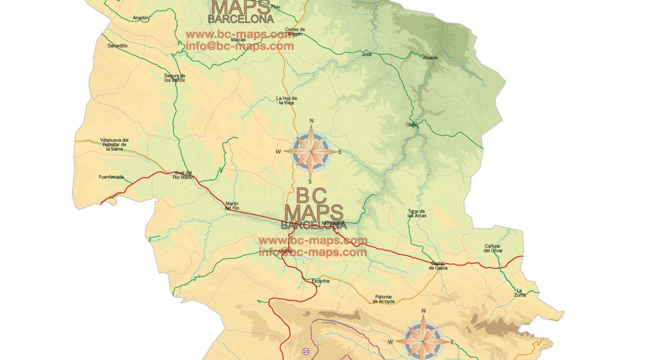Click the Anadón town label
pos(141,18)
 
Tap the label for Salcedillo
pos(117,46)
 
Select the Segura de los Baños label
pos(174,78)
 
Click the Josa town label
pos(367,54)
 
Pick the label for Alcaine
pos(430,57)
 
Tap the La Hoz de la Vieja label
pos(286,101)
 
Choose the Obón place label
pos(411,124)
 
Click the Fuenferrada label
pos(111,177)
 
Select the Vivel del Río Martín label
pos(183,175)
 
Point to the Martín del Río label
pos(232,206)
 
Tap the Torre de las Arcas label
pos(416,213)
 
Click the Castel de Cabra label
pos(438,266)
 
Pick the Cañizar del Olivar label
pos(493,248)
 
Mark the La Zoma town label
pos(520,292)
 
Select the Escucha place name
pos(320,281)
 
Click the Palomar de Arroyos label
pos(383,299)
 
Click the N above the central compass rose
pos(311,121)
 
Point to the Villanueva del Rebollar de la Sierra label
pos(114,144)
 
